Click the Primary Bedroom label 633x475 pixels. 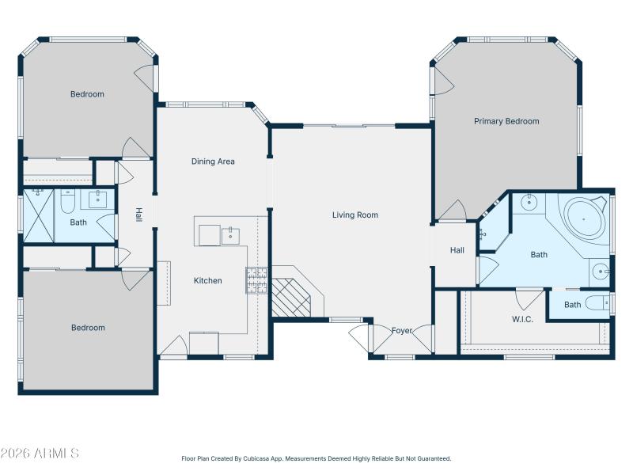point(506,121)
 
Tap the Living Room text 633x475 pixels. point(354,215)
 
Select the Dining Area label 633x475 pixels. point(213,161)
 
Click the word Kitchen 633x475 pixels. point(208,280)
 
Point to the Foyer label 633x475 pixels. point(402,330)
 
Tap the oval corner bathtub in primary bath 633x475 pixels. point(584,216)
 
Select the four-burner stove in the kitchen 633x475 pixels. point(257,280)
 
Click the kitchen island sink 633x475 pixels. point(230,235)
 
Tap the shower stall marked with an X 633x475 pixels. point(38,215)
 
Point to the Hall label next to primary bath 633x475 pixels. point(457,250)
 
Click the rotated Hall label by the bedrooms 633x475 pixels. point(138,215)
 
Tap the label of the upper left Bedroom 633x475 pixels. point(87,94)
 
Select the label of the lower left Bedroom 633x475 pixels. point(88,328)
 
